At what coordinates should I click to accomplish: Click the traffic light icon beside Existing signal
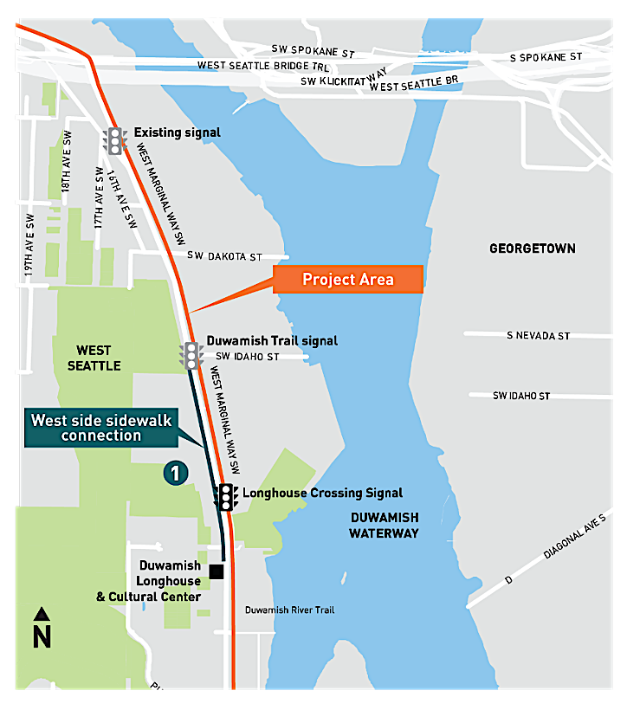click(x=114, y=140)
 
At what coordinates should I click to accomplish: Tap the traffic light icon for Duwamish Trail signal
click(x=191, y=355)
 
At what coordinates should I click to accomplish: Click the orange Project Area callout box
click(x=348, y=280)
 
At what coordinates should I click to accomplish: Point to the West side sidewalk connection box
click(x=101, y=428)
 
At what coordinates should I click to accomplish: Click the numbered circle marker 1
click(x=175, y=473)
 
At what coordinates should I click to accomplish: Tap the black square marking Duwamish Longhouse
click(x=217, y=571)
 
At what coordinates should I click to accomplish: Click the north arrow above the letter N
click(x=41, y=614)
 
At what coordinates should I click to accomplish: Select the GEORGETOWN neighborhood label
click(x=532, y=248)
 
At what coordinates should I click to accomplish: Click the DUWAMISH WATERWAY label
click(x=384, y=525)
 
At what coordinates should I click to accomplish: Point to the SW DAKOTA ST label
click(x=224, y=257)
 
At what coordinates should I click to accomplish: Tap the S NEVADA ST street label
click(x=539, y=336)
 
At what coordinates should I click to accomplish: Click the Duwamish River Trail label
click(x=289, y=610)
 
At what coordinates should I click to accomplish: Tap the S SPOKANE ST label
click(x=546, y=57)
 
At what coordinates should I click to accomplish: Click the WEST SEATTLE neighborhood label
click(x=94, y=358)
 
